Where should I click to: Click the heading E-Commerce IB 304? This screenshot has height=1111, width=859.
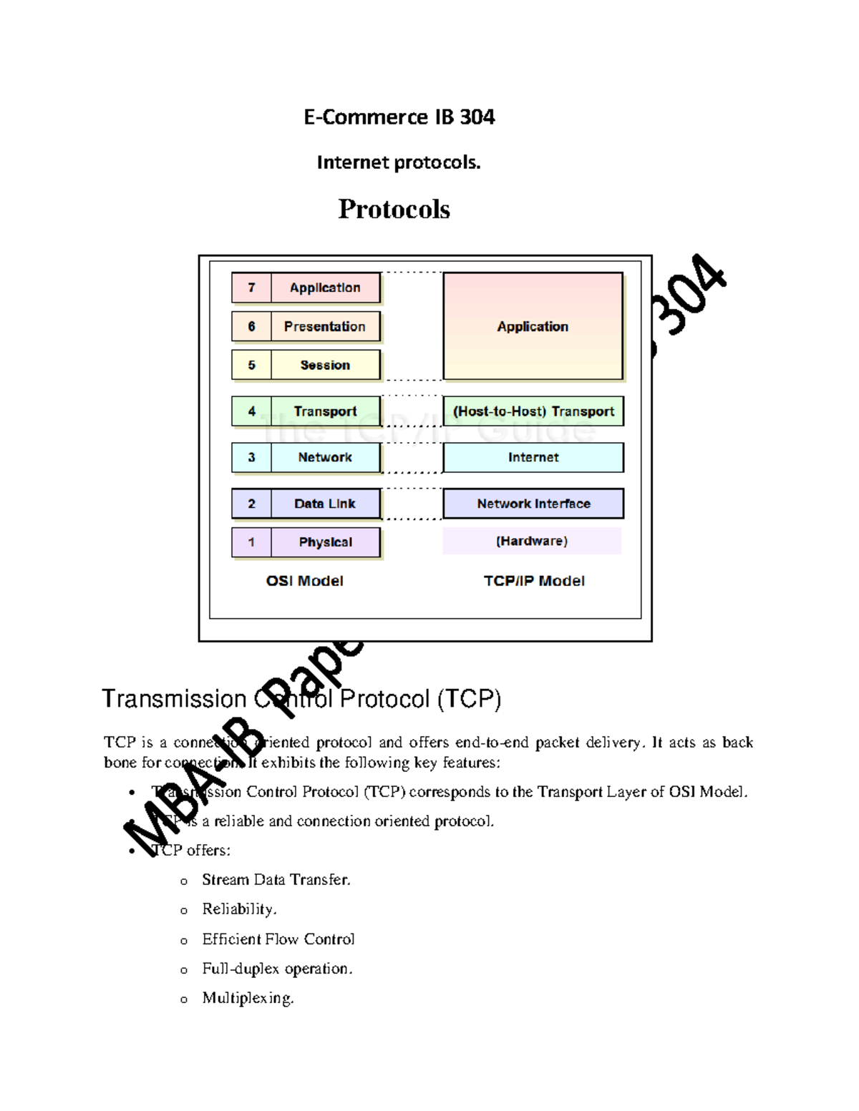pyautogui.click(x=399, y=117)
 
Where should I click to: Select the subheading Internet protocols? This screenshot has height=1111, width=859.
pyautogui.click(x=398, y=162)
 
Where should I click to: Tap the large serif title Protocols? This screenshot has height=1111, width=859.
pyautogui.click(x=394, y=209)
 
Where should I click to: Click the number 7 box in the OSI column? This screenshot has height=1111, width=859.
pyautogui.click(x=251, y=288)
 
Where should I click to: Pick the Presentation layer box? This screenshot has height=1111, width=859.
pyautogui.click(x=324, y=326)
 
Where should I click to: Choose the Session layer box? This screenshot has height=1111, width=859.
pyautogui.click(x=325, y=365)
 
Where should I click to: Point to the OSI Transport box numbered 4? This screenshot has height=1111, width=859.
pyautogui.click(x=324, y=411)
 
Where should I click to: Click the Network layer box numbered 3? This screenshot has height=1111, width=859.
pyautogui.click(x=324, y=457)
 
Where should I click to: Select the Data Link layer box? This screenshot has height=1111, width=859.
pyautogui.click(x=324, y=504)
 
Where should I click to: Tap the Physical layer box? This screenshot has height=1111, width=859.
pyautogui.click(x=325, y=542)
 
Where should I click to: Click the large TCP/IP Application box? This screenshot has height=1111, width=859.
pyautogui.click(x=533, y=326)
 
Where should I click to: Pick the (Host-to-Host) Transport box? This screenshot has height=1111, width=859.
pyautogui.click(x=533, y=411)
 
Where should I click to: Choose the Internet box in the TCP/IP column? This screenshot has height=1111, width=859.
pyautogui.click(x=533, y=457)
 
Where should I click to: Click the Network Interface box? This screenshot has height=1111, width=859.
pyautogui.click(x=533, y=504)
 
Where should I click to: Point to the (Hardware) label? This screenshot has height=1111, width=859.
pyautogui.click(x=532, y=541)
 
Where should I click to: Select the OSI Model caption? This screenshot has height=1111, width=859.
pyautogui.click(x=304, y=581)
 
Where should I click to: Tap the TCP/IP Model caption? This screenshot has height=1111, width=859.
pyautogui.click(x=534, y=581)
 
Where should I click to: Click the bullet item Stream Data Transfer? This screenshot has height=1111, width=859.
pyautogui.click(x=276, y=879)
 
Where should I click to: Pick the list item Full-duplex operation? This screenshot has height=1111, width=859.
pyautogui.click(x=277, y=969)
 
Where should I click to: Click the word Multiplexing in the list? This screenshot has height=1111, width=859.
pyautogui.click(x=248, y=998)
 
